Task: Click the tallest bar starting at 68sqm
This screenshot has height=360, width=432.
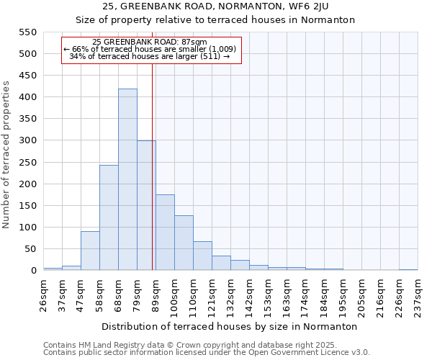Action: (x=127, y=180)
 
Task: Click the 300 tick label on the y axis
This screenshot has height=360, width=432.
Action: (x=27, y=141)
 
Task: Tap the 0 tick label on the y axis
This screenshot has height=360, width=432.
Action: (x=33, y=271)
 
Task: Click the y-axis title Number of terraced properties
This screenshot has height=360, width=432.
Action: (x=6, y=154)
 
